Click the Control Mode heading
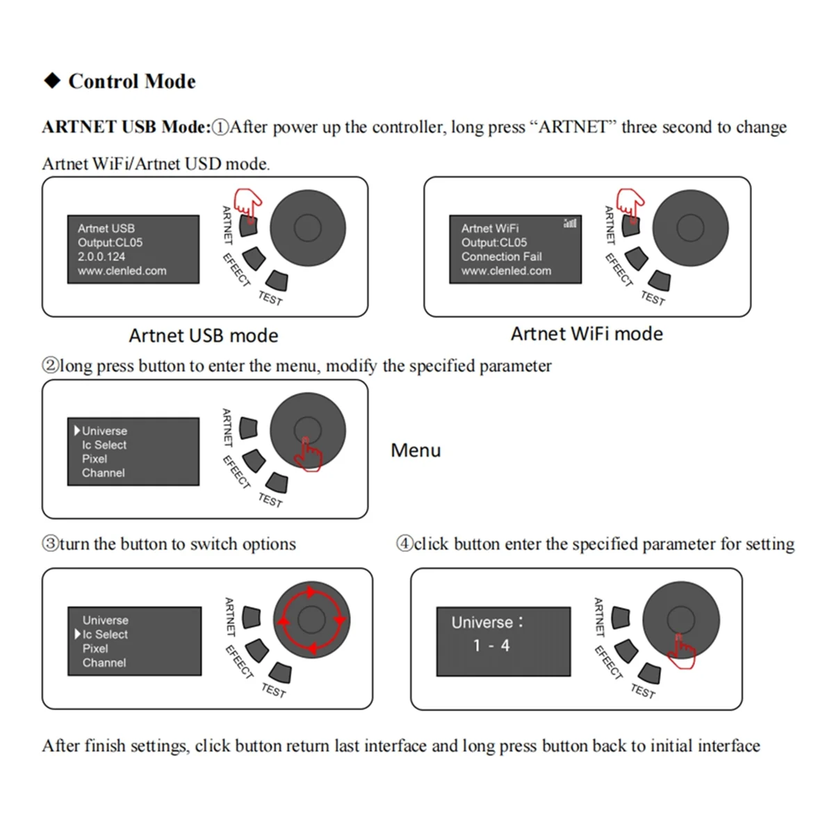click(x=131, y=81)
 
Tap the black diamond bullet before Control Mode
click(x=52, y=81)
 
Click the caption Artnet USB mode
click(x=203, y=336)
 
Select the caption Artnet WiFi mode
click(x=587, y=334)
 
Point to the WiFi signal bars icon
click(x=570, y=223)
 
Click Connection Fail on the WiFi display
click(x=501, y=256)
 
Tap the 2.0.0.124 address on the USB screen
click(x=101, y=256)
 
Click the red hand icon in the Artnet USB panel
click(x=248, y=204)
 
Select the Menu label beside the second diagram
click(x=416, y=450)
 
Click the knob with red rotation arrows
click(x=311, y=620)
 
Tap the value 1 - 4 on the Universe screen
click(x=491, y=646)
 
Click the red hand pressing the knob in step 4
click(x=681, y=652)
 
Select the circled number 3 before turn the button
click(x=51, y=543)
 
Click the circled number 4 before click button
click(x=404, y=543)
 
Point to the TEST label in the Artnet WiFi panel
click(x=653, y=298)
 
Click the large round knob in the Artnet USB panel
click(x=307, y=227)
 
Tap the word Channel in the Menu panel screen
click(x=104, y=473)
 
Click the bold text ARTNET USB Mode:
click(x=126, y=127)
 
